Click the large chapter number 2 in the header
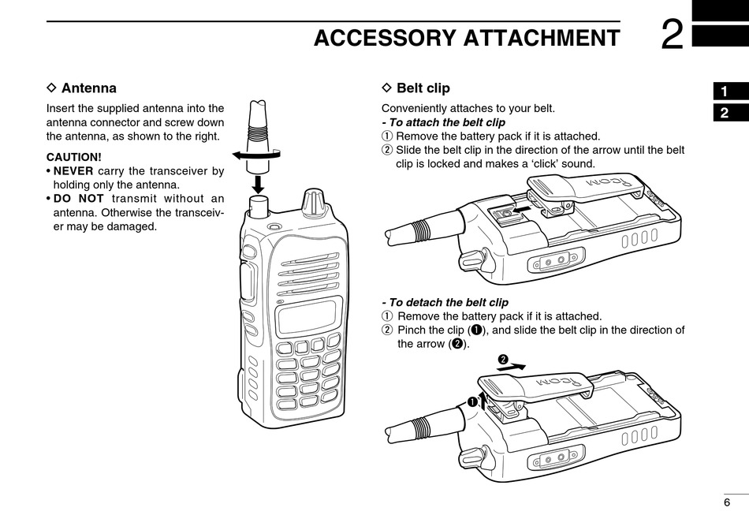coord(672,35)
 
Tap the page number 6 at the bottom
coord(727,503)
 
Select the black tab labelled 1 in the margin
coord(725,91)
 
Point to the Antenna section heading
coord(88,88)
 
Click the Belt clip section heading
coord(423,88)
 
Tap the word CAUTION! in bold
coord(74,156)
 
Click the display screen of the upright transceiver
coord(310,316)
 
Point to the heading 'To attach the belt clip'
coord(443,122)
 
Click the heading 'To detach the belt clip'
coord(445,302)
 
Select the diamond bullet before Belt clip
coord(386,88)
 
